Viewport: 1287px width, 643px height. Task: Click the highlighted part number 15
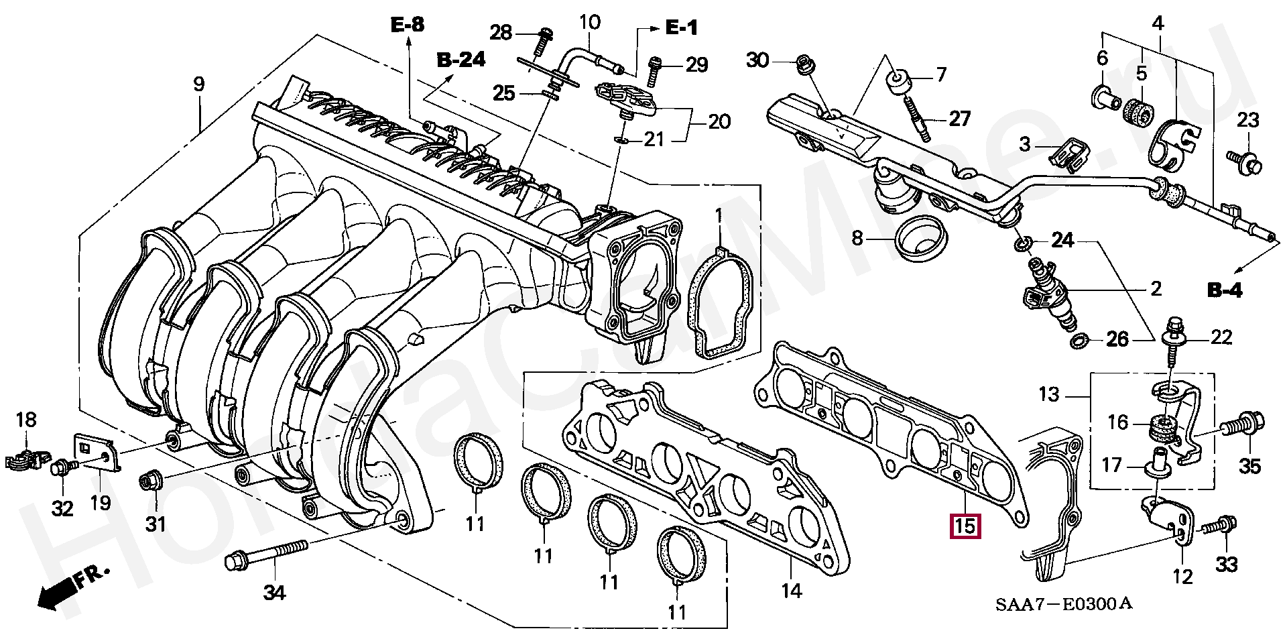965,526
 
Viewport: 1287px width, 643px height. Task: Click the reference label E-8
408,26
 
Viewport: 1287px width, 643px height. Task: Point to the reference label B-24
461,60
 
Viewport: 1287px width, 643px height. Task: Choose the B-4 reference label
1225,291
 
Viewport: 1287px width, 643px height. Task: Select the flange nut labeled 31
149,482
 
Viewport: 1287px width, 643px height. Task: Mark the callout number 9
199,85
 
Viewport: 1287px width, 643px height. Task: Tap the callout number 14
791,591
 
